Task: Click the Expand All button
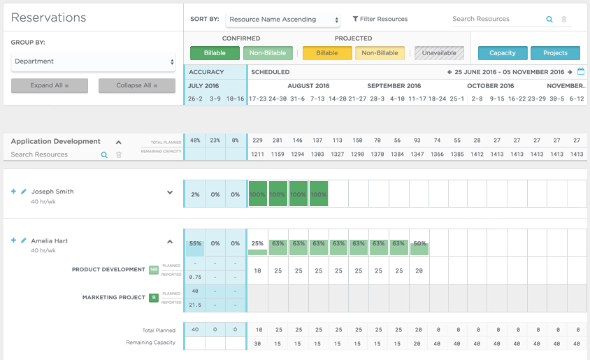(x=50, y=85)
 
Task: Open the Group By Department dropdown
(x=93, y=62)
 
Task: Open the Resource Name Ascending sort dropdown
(x=284, y=20)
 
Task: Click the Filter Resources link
(x=380, y=20)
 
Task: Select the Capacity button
(x=503, y=53)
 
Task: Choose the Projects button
(x=555, y=53)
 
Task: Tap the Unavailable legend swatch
(x=439, y=53)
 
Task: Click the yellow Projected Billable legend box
(x=327, y=53)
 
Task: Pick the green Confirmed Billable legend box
(x=215, y=53)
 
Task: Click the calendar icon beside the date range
(x=580, y=72)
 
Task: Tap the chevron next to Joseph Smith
(x=170, y=193)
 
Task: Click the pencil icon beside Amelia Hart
(x=24, y=240)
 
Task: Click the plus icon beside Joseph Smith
(x=13, y=192)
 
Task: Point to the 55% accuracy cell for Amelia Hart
(x=195, y=244)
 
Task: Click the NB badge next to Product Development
(x=154, y=269)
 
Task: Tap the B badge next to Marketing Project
(x=154, y=297)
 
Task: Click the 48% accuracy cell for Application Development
(x=195, y=141)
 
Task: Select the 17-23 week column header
(x=257, y=99)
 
